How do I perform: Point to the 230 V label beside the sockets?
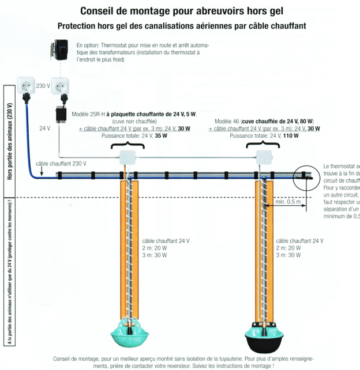43,85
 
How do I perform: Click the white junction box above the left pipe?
127,156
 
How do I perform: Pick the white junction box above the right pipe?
267,156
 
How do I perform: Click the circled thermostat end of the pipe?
307,174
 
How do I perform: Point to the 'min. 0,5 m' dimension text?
287,202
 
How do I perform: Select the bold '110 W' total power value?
291,136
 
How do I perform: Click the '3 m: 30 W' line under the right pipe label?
290,255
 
